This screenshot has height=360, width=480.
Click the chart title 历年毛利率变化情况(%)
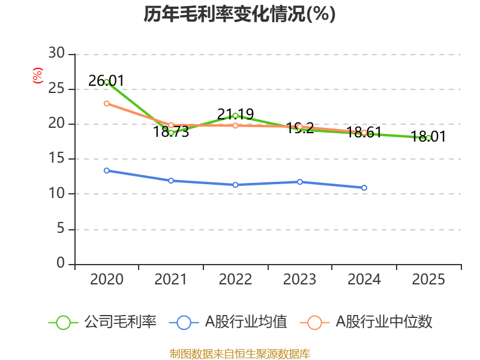coord(239,14)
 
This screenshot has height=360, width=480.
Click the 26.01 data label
coord(106,80)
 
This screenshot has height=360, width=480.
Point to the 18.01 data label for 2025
coord(428,137)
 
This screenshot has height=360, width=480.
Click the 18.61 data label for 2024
coord(364,133)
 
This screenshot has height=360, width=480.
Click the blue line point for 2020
coord(107,170)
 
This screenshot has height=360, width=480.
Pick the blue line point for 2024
coord(364,188)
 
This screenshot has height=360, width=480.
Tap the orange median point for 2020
coord(107,103)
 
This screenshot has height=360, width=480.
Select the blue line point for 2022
coord(235,185)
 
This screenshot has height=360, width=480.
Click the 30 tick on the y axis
coord(57,53)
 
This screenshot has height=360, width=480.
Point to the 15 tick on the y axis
coord(57,159)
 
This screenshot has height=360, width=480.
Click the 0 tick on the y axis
coord(61,263)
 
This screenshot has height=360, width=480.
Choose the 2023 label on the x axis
coord(299,280)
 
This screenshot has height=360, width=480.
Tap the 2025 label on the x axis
coord(428,280)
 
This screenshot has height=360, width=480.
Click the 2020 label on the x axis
coord(107,280)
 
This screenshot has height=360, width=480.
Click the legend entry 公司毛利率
coord(120,322)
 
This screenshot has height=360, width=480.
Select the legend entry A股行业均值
coord(246,322)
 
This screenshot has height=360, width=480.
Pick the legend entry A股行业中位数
coord(383,322)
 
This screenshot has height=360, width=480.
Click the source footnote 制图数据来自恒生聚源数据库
coord(239,353)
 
